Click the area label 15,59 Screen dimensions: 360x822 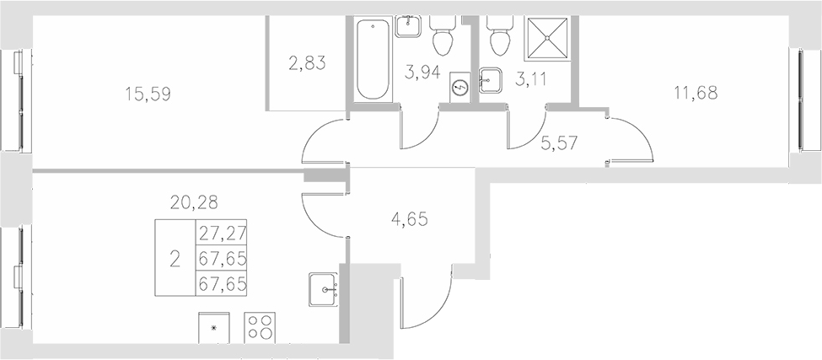coord(148,94)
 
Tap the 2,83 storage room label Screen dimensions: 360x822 coord(307,62)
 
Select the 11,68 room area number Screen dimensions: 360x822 coord(696,93)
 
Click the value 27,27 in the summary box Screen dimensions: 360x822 coord(221,233)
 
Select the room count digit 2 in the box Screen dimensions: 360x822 coord(175,258)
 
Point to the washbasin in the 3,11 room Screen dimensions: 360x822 coord(491,80)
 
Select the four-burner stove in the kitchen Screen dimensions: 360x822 coord(261,327)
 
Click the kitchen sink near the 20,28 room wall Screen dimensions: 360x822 coord(324,290)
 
